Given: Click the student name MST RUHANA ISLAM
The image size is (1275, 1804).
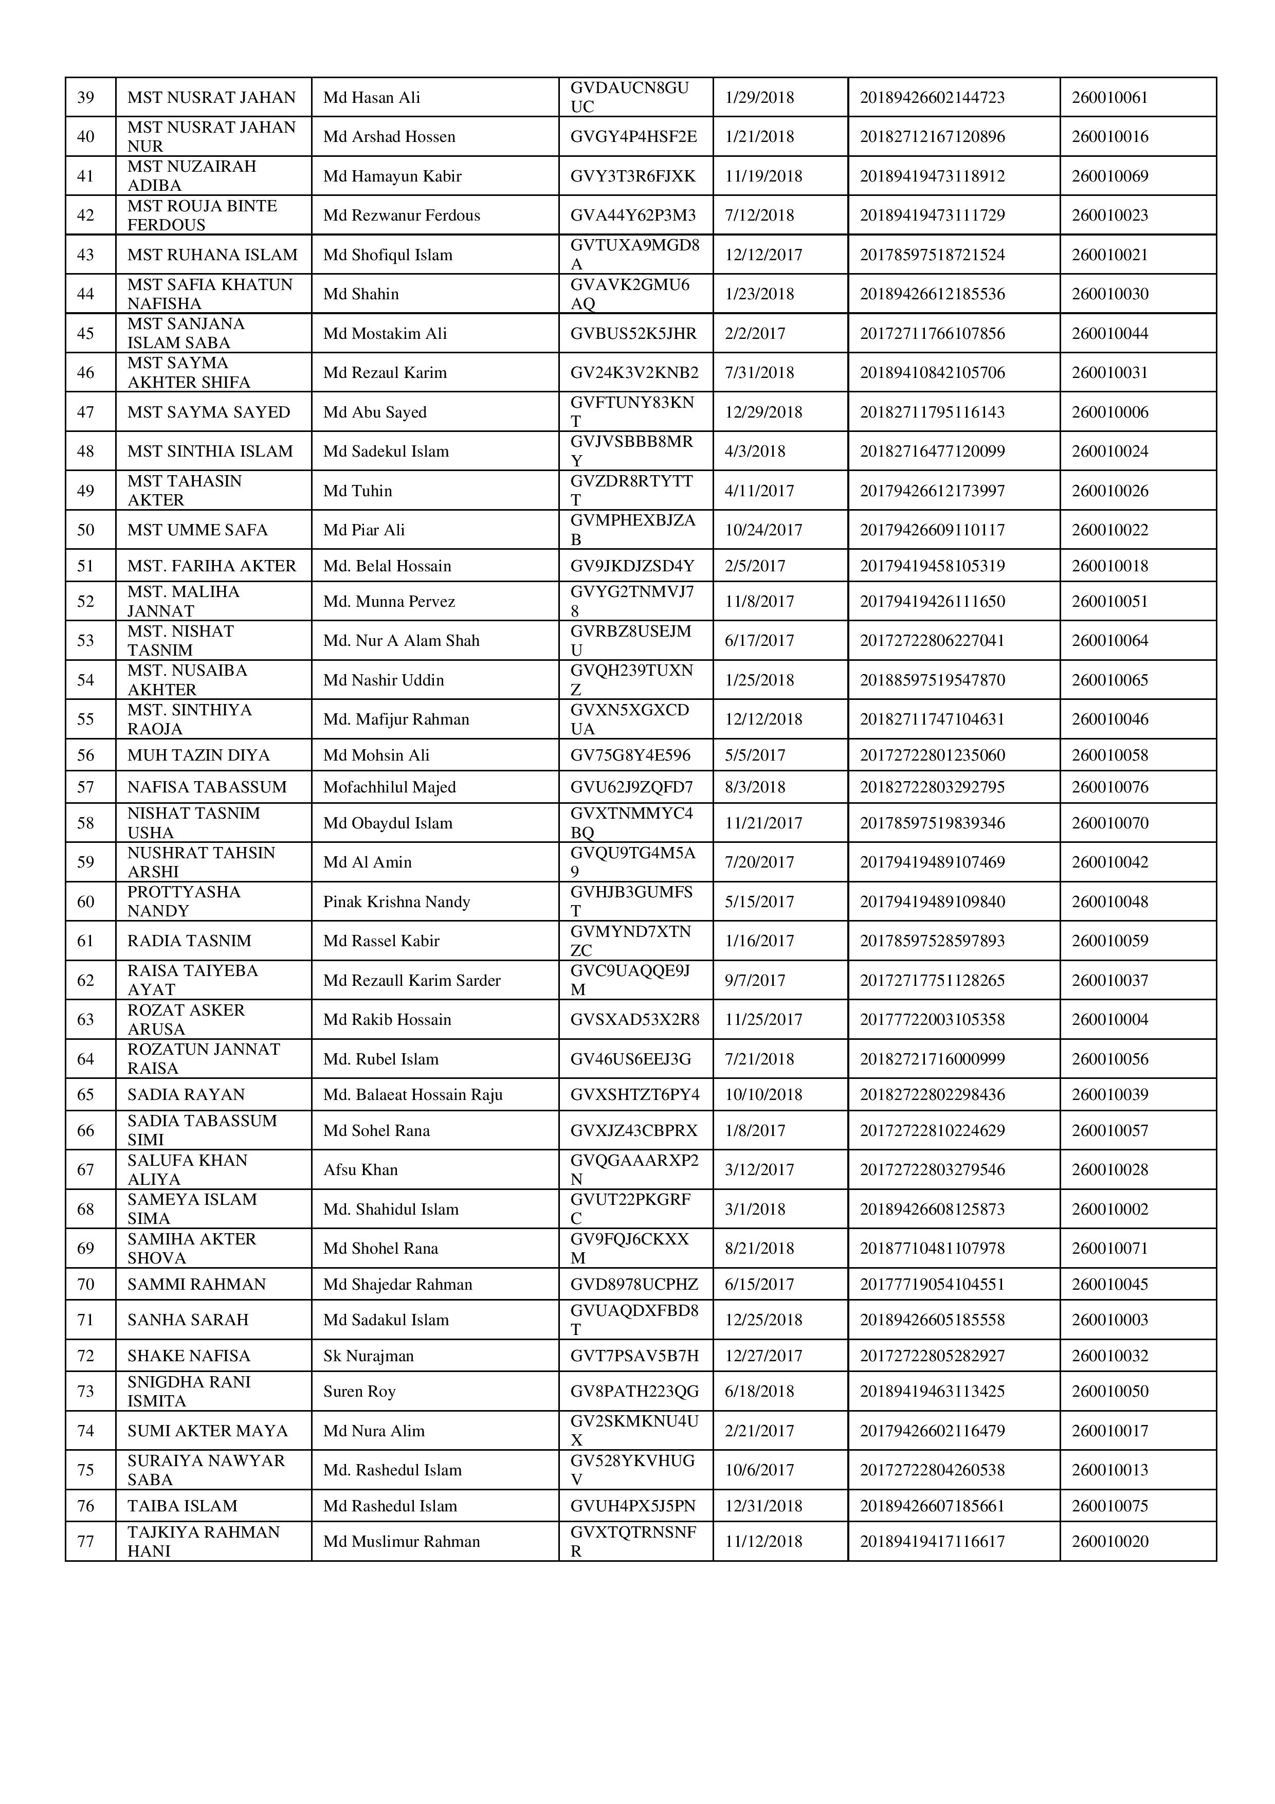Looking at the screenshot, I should tap(212, 255).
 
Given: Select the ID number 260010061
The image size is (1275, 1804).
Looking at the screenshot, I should tap(1109, 97).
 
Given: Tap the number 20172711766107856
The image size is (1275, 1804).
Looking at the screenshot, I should tap(932, 333).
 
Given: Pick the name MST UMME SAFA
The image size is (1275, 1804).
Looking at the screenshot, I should tap(197, 530).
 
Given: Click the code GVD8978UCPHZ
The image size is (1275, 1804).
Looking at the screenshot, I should tap(634, 1284).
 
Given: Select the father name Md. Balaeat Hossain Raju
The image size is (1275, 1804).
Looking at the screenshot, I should tap(412, 1094).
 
